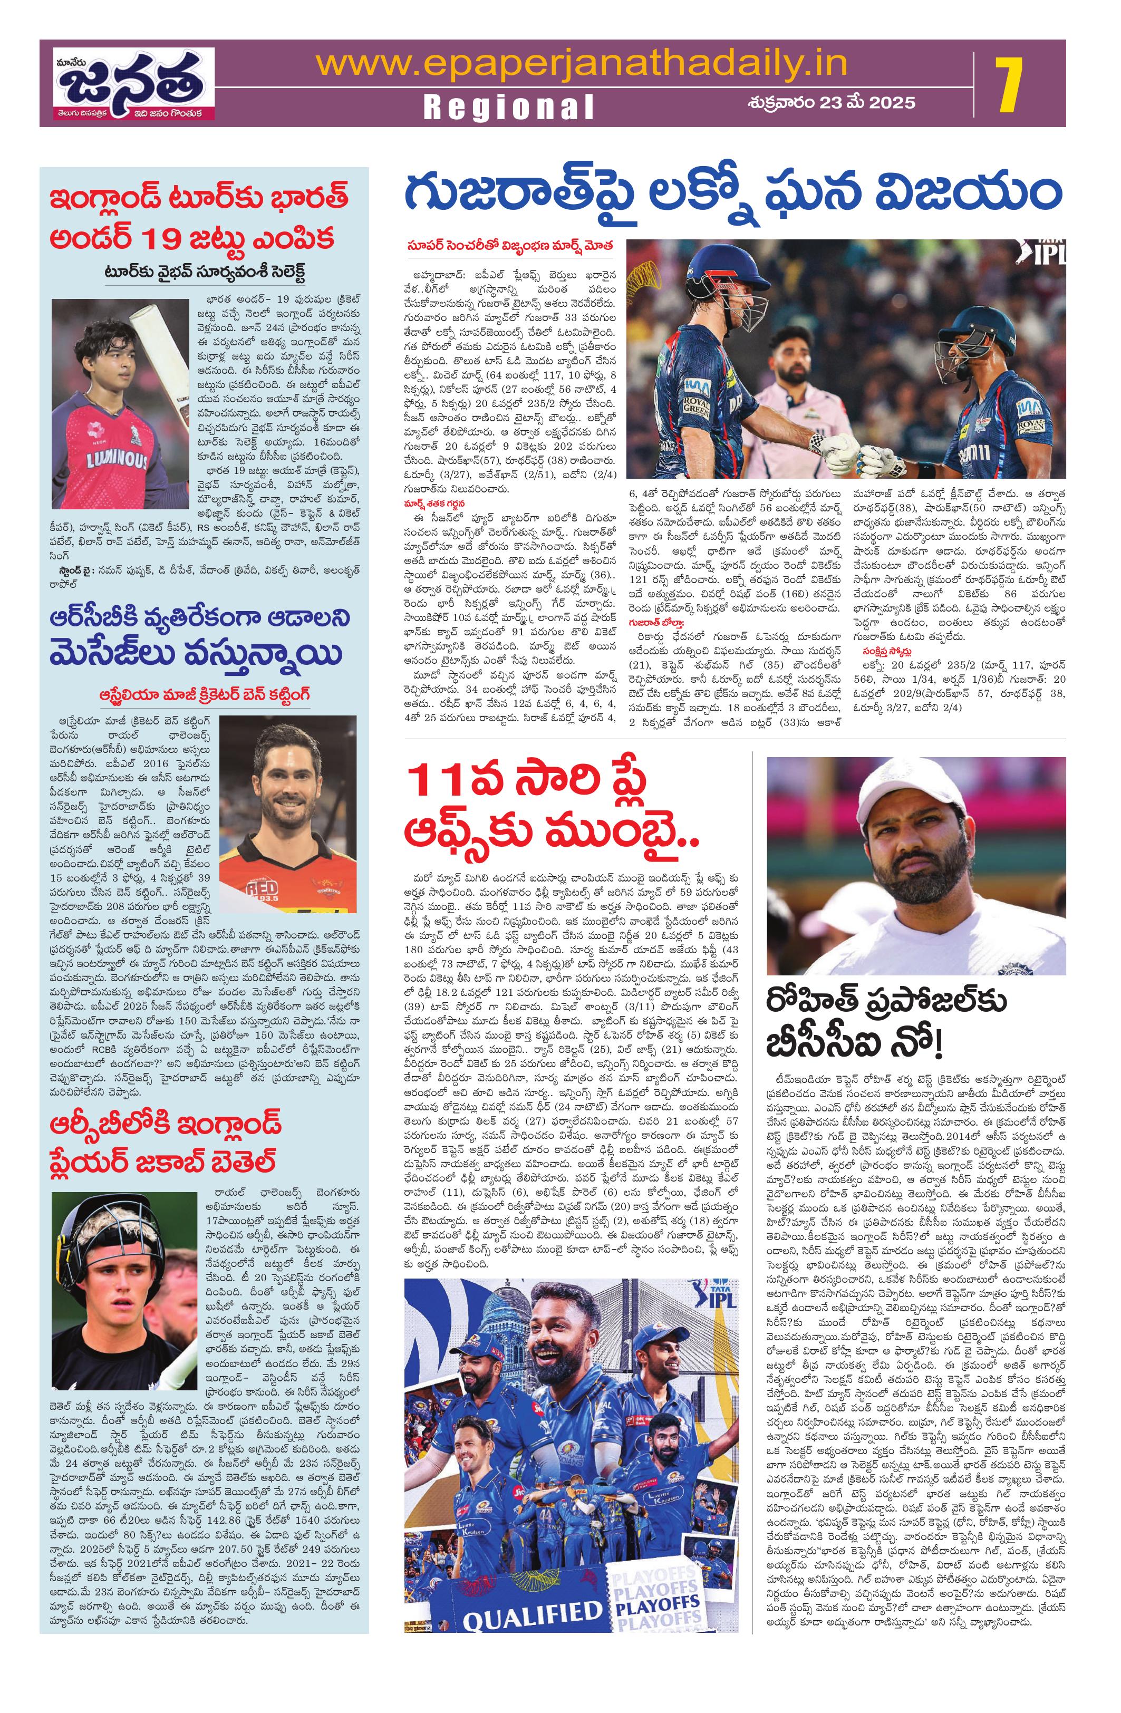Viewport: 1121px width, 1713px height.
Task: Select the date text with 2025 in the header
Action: [831, 102]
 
